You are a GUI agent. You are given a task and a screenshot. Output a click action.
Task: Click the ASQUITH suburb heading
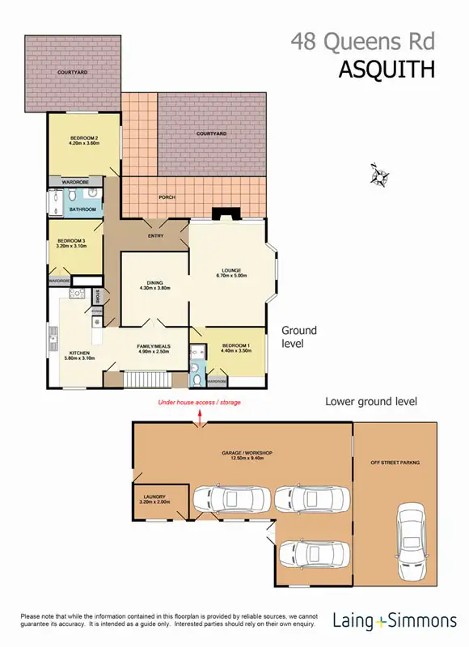[x=386, y=69]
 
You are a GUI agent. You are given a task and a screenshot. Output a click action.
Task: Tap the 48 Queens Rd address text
[x=363, y=40]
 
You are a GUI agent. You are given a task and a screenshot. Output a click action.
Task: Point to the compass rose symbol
[x=378, y=175]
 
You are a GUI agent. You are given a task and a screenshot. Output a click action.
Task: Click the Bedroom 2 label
[x=83, y=137]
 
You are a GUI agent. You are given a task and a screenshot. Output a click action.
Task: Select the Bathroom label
[x=82, y=209]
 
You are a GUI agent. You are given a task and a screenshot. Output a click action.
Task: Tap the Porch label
[x=167, y=197]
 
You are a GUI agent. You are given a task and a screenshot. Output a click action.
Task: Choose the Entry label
[x=156, y=235]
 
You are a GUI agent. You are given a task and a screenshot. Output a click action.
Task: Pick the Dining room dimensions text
[x=154, y=288]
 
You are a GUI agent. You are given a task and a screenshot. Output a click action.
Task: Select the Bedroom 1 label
[x=235, y=346]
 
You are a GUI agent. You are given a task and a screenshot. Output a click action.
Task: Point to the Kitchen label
[x=78, y=353]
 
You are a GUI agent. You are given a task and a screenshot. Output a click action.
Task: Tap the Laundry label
[x=154, y=497]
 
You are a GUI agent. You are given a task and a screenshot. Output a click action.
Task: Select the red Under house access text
[x=199, y=402]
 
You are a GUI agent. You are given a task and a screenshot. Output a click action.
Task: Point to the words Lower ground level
[x=371, y=400]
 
